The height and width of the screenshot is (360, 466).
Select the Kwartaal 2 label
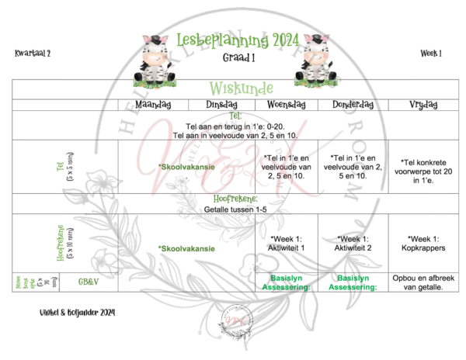click(x=32, y=53)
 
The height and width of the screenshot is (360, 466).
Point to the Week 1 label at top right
click(x=431, y=53)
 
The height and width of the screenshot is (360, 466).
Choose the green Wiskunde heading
click(x=233, y=88)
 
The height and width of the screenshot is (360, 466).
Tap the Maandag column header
click(x=152, y=106)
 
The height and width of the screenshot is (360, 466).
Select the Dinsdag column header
click(x=221, y=106)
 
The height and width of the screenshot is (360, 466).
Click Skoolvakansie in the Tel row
click(x=186, y=167)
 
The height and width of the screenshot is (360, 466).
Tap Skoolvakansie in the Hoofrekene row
click(x=186, y=248)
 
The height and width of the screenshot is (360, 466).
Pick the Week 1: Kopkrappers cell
click(x=421, y=242)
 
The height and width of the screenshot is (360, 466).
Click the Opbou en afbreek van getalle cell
click(x=421, y=282)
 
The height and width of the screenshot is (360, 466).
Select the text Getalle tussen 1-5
click(x=233, y=209)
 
